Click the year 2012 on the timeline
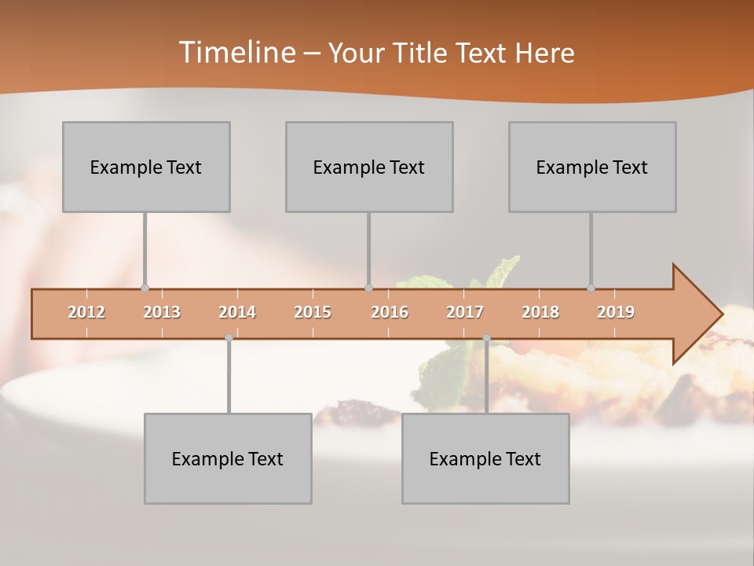pos(86,312)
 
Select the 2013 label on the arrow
pos(162,312)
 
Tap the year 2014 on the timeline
pos(237,312)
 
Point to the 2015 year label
pos(313,312)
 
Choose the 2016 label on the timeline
pos(390,312)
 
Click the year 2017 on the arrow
pos(465,312)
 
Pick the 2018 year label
pos(540,312)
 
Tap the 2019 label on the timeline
pos(616,312)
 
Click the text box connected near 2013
pos(146,167)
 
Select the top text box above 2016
pos(369,167)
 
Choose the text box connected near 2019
pos(592,167)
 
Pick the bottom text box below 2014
pos(228,458)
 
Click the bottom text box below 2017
pos(485,458)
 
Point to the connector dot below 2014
pos(229,338)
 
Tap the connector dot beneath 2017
pos(486,338)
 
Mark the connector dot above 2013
pos(145,288)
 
